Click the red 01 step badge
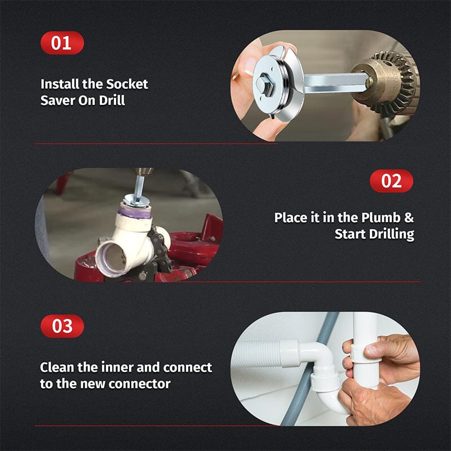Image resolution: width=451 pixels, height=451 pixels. coord(61,43)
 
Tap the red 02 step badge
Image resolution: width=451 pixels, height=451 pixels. coord(391,181)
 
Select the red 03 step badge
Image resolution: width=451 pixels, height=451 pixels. coord(61,326)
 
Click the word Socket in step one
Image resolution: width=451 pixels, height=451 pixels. coord(127,84)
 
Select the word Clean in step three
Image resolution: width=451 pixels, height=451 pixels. coord(58,367)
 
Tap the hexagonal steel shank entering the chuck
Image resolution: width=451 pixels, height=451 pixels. coord(330,83)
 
